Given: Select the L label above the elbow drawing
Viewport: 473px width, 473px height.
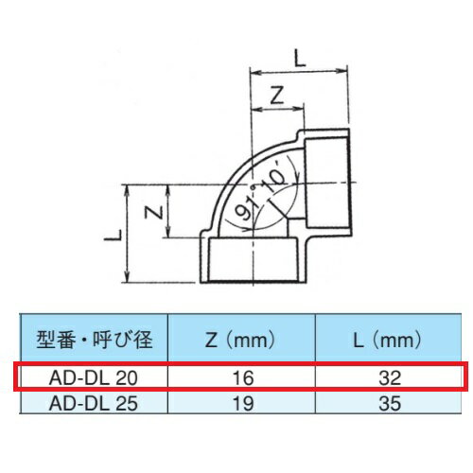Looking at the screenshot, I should pos(300,59).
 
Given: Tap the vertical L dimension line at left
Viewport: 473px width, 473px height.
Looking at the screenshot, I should pos(129,232).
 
